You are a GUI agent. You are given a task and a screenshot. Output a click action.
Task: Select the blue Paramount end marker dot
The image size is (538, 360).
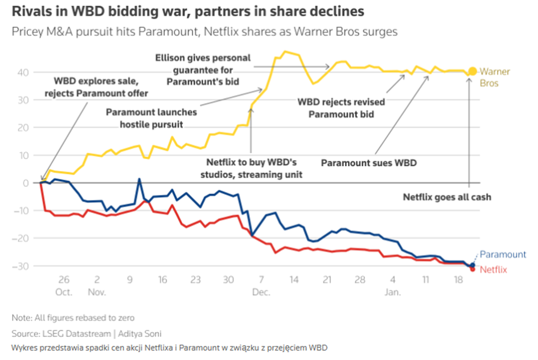(473, 265)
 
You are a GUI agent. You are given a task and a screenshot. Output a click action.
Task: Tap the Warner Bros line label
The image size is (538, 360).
(494, 77)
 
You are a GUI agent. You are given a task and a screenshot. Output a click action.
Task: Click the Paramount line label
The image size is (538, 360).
(503, 255)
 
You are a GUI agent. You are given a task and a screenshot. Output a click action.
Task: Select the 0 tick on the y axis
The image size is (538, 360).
(26, 183)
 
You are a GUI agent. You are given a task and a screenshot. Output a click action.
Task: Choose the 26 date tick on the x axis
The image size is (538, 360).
(63, 280)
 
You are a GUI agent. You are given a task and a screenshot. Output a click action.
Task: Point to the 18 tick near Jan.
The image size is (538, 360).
(458, 280)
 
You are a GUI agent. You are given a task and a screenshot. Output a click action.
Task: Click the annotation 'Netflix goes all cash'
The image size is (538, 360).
(447, 198)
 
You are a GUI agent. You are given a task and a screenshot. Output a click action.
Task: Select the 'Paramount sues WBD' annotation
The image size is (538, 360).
(369, 163)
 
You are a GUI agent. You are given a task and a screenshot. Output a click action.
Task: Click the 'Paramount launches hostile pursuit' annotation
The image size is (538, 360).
(152, 117)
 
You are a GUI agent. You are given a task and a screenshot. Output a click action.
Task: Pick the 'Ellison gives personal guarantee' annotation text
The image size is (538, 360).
(203, 69)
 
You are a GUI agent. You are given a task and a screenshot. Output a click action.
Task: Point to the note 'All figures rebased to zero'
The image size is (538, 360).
(73, 317)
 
